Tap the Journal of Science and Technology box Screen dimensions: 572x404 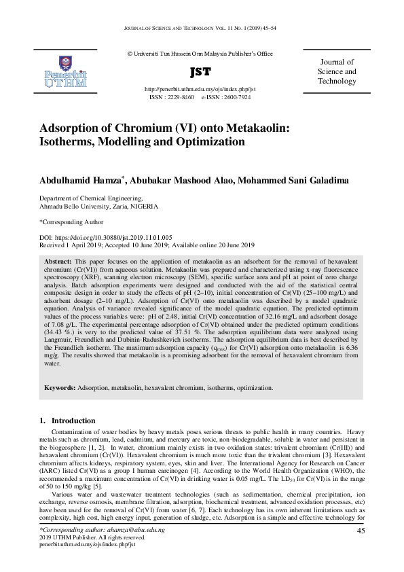pyautogui.click(x=337, y=72)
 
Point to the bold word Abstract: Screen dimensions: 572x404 pyautogui.click(x=58, y=261)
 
